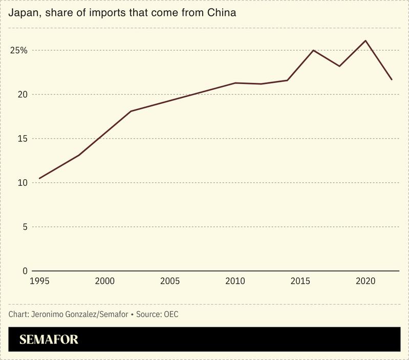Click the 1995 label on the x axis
point(39,281)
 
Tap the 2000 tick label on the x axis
point(104,281)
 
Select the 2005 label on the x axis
point(170,281)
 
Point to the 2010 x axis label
point(235,281)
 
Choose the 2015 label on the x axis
point(300,281)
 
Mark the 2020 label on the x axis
point(365,281)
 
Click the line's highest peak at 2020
point(365,40)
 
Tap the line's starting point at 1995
point(39,178)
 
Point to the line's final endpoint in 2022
point(392,79)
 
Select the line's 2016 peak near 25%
point(313,50)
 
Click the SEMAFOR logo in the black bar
point(49,340)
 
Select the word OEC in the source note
point(171,314)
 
